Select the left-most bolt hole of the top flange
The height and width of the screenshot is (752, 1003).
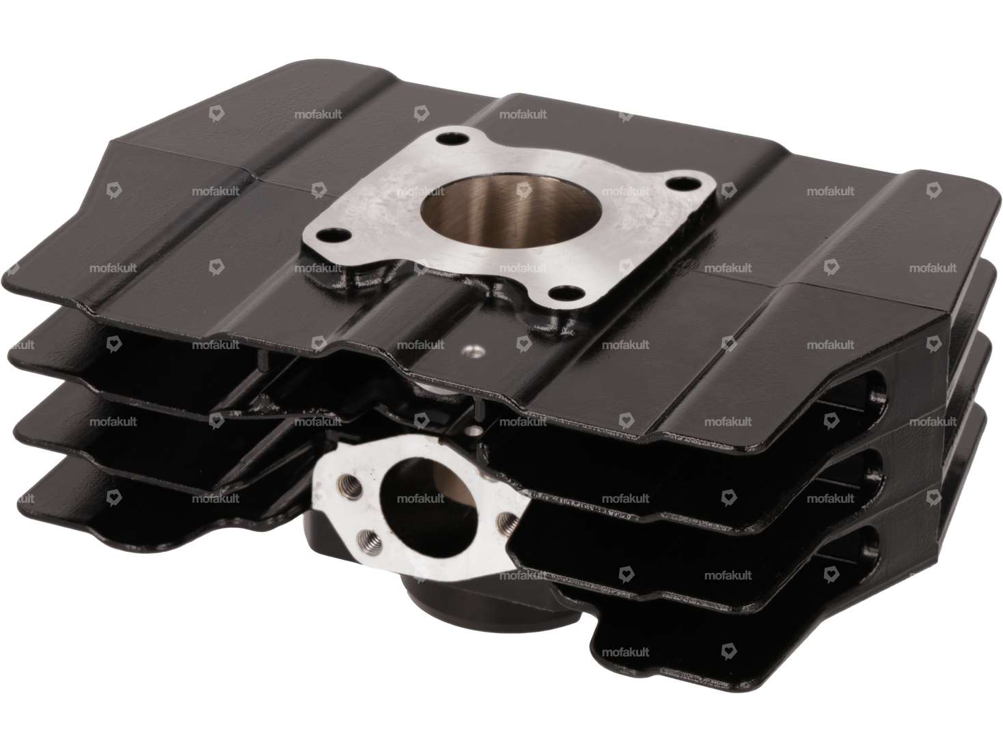pyautogui.click(x=331, y=237)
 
